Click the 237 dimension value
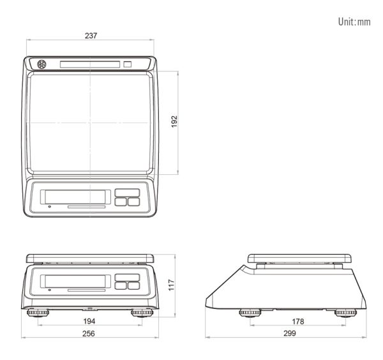(91, 36)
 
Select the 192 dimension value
(174, 121)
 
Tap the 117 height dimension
(172, 285)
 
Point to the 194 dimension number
(89, 321)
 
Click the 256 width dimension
(89, 333)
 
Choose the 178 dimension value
(298, 322)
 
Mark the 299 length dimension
(290, 333)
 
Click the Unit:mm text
(354, 22)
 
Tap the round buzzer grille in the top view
(41, 64)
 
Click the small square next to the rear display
(127, 64)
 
